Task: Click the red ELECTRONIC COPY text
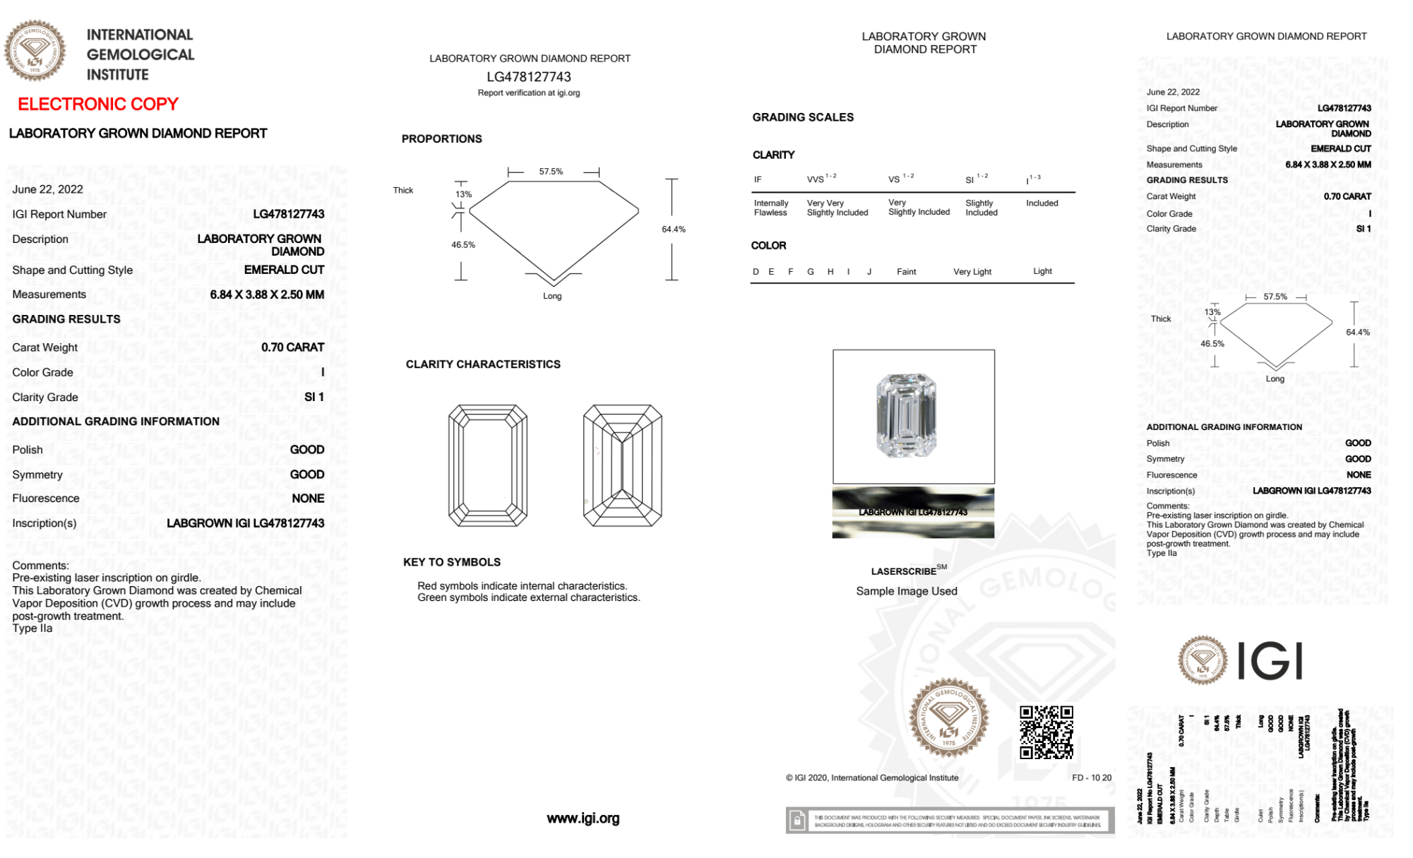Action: (98, 105)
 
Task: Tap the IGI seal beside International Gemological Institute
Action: (35, 50)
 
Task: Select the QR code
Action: (1046, 732)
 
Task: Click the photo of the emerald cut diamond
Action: (906, 415)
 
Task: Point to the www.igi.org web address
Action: (583, 818)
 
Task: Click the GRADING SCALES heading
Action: (803, 117)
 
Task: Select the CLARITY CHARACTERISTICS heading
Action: (483, 364)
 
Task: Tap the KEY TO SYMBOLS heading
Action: (452, 562)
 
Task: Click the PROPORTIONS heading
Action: (442, 139)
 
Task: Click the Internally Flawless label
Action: (771, 208)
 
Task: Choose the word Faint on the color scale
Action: (906, 272)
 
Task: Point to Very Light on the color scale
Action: (972, 272)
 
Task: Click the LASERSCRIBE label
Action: (905, 571)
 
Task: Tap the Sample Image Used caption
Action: (907, 591)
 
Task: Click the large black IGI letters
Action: (1271, 661)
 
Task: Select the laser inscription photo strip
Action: (913, 513)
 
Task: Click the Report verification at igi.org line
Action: (529, 93)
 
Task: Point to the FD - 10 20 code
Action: (1091, 777)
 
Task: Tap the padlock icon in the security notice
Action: (797, 821)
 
